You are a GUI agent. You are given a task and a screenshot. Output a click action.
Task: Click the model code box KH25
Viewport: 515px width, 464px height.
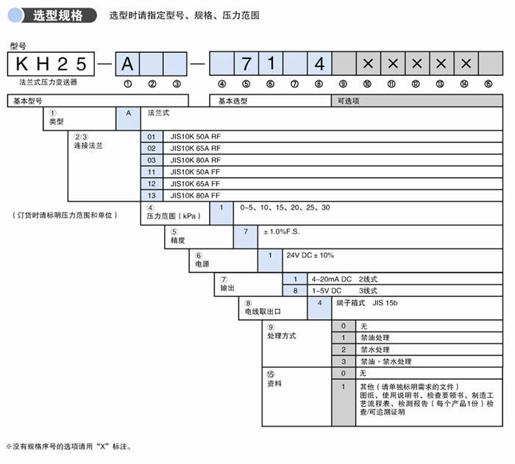[49, 64]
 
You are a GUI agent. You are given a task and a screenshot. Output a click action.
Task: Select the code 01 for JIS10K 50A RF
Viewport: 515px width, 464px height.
[152, 137]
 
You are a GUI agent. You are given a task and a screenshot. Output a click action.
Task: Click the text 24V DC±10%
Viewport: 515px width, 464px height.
[310, 255]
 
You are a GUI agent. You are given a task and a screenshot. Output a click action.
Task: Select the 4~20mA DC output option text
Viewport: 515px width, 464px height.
[344, 279]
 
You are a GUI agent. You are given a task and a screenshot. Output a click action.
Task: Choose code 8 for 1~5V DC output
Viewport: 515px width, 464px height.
[295, 290]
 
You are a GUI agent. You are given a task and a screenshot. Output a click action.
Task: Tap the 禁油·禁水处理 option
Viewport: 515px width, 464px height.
[386, 361]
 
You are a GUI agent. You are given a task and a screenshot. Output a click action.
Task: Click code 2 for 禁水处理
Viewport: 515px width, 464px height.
[343, 349]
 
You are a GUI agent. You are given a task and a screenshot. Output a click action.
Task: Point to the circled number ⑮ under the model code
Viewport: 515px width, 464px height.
[489, 83]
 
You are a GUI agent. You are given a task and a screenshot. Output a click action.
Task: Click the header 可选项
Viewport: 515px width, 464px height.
[348, 101]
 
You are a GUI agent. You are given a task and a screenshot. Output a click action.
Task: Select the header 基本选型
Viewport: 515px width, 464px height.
[233, 101]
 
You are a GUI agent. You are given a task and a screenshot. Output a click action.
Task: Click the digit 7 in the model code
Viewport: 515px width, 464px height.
[246, 64]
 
